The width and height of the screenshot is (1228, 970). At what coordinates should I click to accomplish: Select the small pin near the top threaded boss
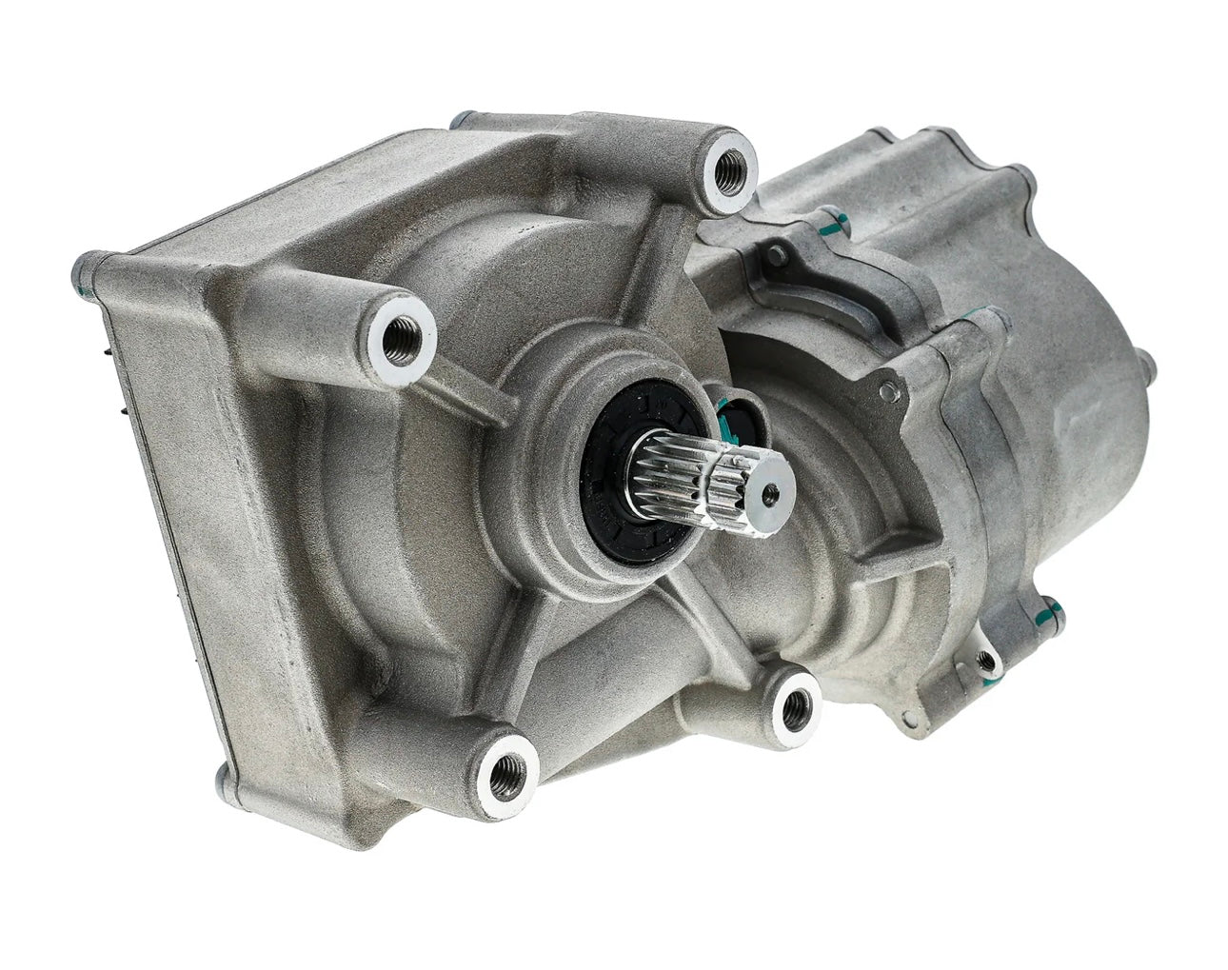pos(779,254)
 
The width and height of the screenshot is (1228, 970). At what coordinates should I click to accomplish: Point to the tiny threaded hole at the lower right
pos(988,658)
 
